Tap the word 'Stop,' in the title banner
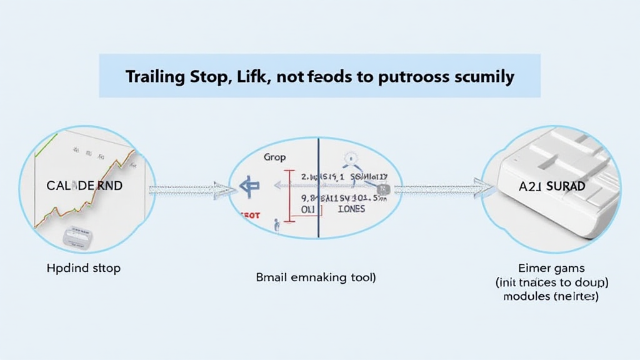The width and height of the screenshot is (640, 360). pos(207,77)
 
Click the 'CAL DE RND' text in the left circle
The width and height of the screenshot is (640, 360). pos(84,186)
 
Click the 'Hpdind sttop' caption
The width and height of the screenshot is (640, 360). pos(83,268)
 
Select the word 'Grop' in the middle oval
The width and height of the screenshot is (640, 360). pos(275,157)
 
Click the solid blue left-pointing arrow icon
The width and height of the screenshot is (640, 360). pos(249,186)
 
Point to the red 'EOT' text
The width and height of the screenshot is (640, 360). pos(251,215)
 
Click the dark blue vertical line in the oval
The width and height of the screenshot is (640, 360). pos(318,187)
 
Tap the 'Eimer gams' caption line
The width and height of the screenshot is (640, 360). pos(551,269)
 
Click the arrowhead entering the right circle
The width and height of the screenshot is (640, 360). pos(484,186)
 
